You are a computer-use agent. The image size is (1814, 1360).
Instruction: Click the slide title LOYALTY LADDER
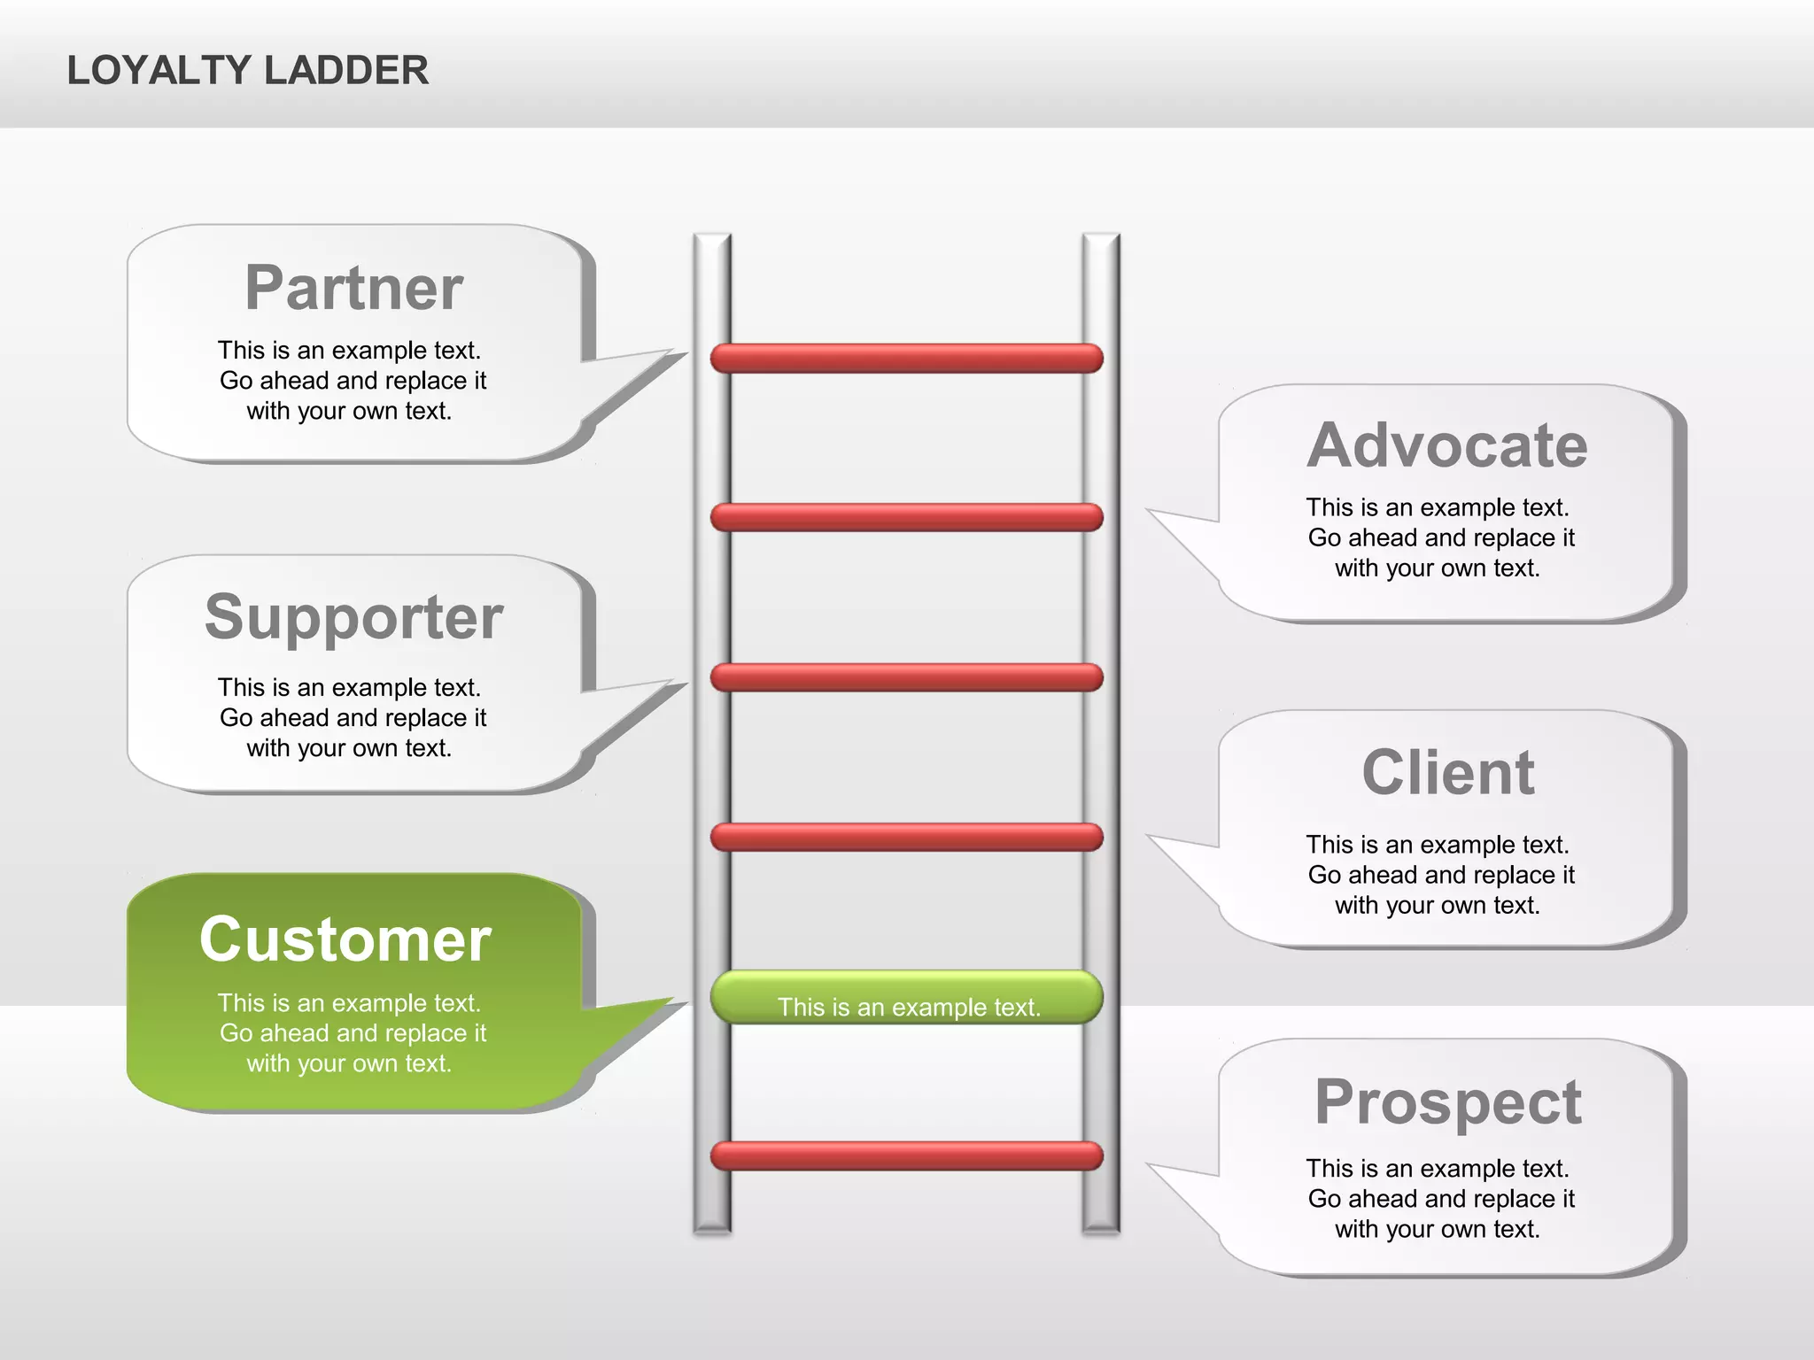point(248,71)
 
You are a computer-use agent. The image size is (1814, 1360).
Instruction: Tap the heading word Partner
point(354,289)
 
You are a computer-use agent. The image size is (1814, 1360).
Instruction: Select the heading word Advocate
point(1447,445)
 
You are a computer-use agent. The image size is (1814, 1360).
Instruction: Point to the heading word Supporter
point(354,617)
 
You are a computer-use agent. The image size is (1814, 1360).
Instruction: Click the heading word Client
point(1447,773)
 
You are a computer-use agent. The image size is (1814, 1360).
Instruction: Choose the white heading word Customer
point(345,939)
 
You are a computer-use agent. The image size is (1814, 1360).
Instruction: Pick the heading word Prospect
point(1447,1102)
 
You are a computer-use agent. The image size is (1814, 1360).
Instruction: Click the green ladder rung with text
point(907,998)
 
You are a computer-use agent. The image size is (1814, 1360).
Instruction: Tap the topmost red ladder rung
point(907,359)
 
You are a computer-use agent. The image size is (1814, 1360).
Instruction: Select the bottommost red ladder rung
point(907,1156)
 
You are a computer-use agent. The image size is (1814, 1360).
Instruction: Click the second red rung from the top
point(907,517)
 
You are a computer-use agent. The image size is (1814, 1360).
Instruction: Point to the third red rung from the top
point(907,677)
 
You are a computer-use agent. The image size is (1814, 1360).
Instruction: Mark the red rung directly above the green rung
point(907,837)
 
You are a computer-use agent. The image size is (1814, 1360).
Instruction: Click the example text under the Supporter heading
point(352,717)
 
